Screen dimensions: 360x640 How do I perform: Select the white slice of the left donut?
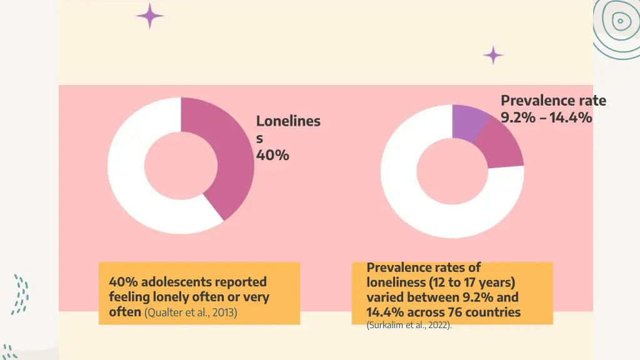137,187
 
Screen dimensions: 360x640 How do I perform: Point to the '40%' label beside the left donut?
272,155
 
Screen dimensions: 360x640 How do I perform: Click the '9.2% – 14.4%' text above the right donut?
546,117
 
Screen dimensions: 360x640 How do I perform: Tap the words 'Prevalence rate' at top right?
553,101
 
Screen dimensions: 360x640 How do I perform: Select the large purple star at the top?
150,16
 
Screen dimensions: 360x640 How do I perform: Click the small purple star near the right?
493,55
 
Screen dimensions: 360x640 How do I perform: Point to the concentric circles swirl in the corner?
619,22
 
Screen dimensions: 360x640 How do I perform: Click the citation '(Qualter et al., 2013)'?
191,312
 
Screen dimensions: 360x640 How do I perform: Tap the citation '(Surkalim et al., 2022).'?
409,325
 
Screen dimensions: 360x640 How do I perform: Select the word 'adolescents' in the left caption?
181,282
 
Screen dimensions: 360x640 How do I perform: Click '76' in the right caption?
457,312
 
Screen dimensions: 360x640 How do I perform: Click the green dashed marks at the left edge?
20,294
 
